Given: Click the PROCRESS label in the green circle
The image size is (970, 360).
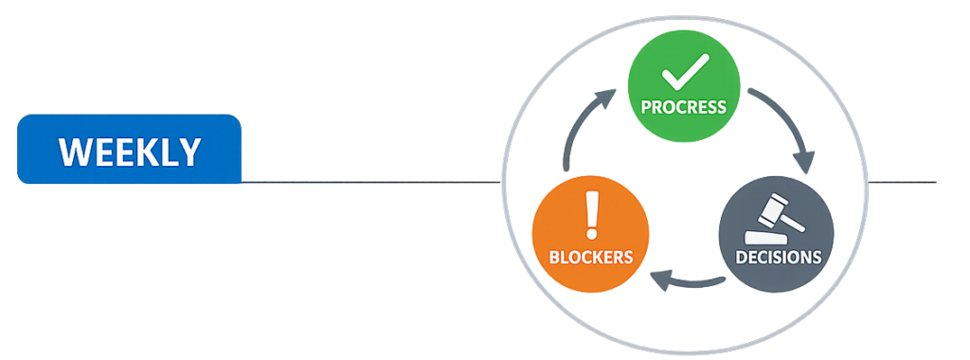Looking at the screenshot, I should (684, 106).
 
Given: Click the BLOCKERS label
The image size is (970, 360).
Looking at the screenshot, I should (591, 256).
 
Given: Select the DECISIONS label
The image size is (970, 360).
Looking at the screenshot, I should (778, 256).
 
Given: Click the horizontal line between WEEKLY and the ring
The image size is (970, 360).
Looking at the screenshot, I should (369, 181).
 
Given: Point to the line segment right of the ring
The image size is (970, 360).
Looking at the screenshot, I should (905, 181).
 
